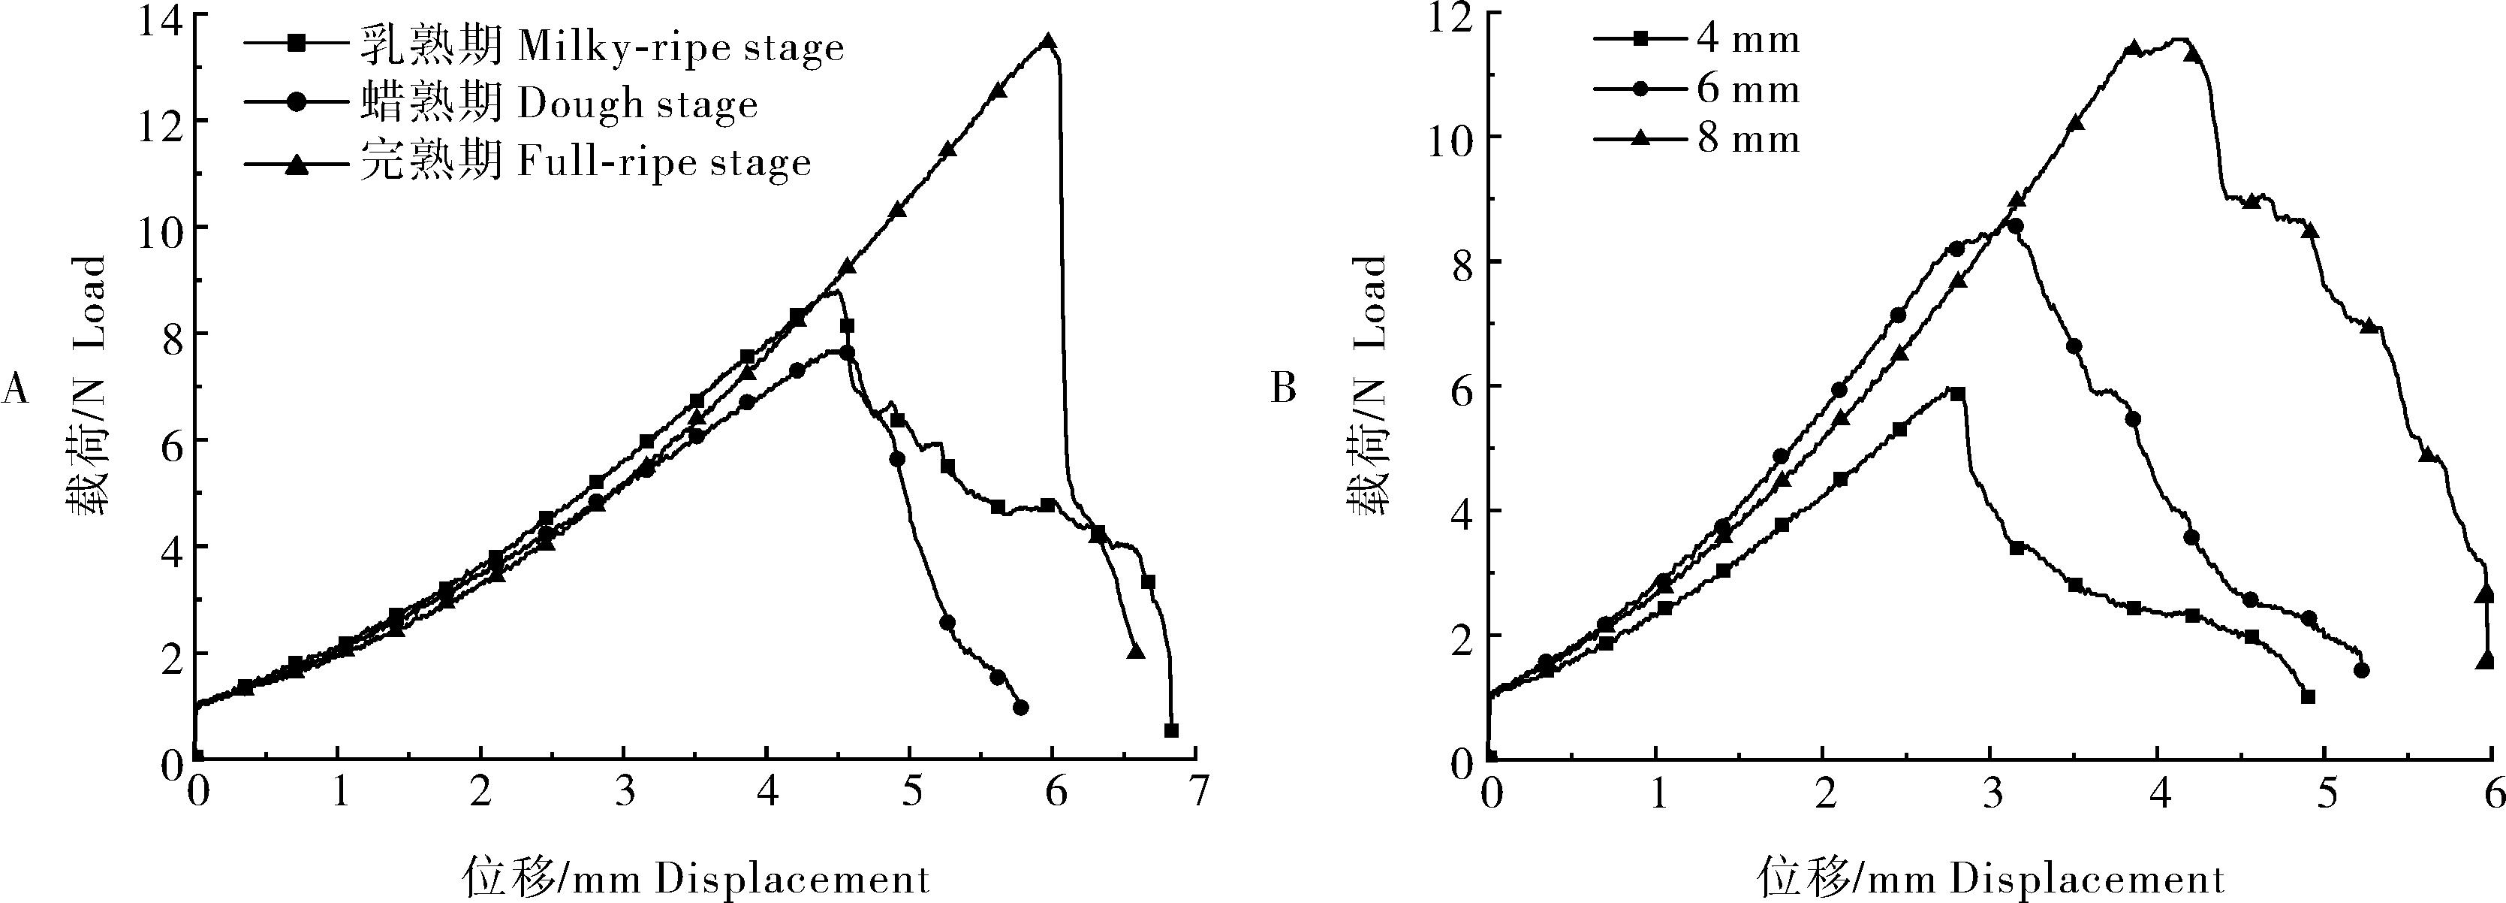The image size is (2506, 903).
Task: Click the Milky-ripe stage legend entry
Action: click(545, 46)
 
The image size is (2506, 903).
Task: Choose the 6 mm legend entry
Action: click(1697, 89)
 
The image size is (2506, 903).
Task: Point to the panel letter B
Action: click(1284, 389)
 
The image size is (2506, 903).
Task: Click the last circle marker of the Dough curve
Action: click(1020, 708)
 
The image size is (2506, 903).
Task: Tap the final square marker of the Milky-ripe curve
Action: click(1171, 729)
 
